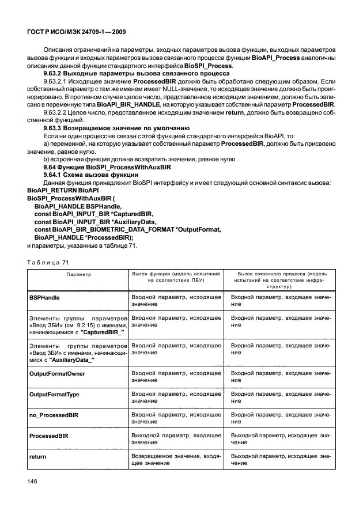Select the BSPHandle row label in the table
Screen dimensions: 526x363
point(46,297)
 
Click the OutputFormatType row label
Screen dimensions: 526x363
point(54,394)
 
